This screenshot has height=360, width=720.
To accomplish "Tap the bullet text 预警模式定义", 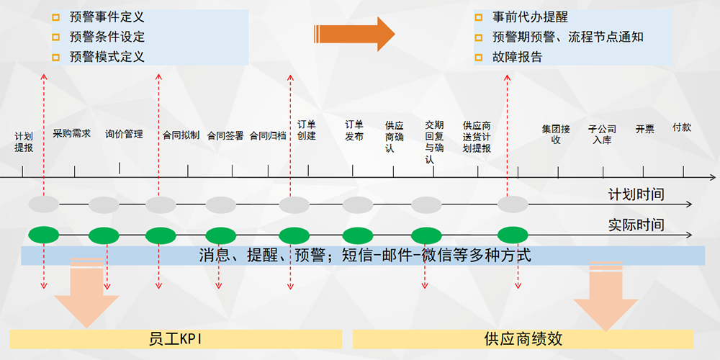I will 107,56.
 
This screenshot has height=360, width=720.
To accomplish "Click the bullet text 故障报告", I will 517,56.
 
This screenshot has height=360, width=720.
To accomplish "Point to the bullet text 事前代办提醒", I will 530,17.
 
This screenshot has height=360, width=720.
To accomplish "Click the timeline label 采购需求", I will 72,134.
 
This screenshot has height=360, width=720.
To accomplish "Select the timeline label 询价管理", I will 124,134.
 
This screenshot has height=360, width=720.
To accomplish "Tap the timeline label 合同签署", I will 225,135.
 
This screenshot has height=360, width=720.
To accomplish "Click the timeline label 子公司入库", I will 602,135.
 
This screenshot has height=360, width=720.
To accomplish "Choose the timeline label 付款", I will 681,127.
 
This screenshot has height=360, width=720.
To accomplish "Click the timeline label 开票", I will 644,130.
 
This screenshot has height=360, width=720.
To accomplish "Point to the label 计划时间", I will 636,194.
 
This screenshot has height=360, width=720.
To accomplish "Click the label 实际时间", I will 636,225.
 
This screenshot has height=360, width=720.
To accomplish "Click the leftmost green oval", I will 44,235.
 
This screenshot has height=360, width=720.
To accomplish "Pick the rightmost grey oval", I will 513,204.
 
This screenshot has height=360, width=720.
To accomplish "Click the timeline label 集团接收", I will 556,135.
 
